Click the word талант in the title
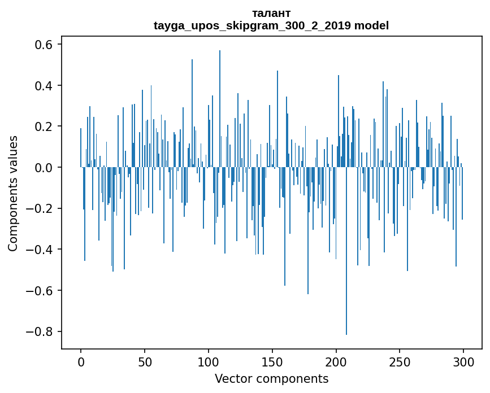click(271, 14)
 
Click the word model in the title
click(371, 26)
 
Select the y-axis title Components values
click(13, 193)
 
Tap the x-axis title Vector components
click(271, 379)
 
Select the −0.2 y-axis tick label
click(41, 208)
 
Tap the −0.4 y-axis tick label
click(41, 250)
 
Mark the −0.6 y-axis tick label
click(41, 291)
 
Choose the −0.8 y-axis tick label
click(41, 331)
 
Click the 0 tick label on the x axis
click(81, 361)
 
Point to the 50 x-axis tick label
click(145, 361)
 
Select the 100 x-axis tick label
click(209, 361)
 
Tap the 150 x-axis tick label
click(272, 361)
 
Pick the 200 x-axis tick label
click(336, 361)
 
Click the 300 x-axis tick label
click(463, 361)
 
